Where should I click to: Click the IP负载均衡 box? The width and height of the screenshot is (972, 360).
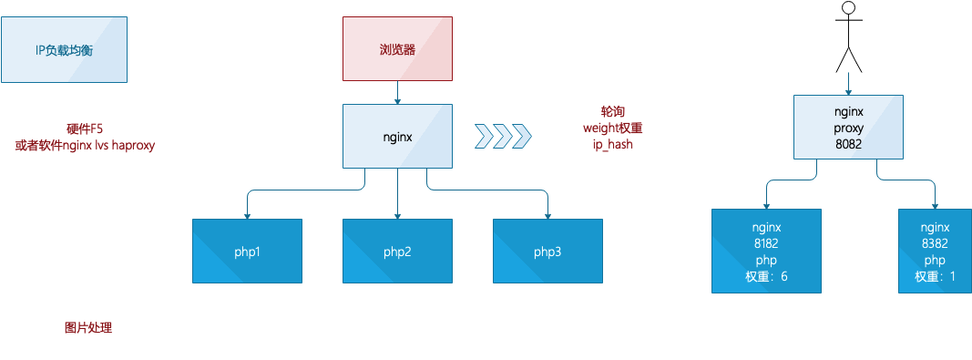pyautogui.click(x=64, y=49)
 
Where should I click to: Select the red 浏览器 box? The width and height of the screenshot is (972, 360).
pyautogui.click(x=397, y=49)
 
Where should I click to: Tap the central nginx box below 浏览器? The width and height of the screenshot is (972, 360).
pyautogui.click(x=397, y=136)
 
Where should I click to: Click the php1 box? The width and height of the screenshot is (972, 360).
pyautogui.click(x=248, y=252)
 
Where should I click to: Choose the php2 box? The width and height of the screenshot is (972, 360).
pyautogui.click(x=397, y=252)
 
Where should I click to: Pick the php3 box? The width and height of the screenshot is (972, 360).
pyautogui.click(x=548, y=252)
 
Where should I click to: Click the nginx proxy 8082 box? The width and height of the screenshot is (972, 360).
pyautogui.click(x=849, y=128)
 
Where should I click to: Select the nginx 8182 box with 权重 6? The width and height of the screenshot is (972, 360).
pyautogui.click(x=766, y=251)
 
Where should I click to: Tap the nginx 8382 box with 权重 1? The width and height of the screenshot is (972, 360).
pyautogui.click(x=936, y=251)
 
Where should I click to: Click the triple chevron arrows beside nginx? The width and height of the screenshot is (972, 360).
pyautogui.click(x=504, y=136)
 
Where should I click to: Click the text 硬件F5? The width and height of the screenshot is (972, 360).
pyautogui.click(x=85, y=129)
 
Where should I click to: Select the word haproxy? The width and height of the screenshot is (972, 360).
pyautogui.click(x=133, y=146)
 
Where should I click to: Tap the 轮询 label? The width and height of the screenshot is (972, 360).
pyautogui.click(x=612, y=112)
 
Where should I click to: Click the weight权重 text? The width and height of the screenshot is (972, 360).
pyautogui.click(x=612, y=128)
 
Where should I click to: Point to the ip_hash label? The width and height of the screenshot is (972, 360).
pyautogui.click(x=612, y=145)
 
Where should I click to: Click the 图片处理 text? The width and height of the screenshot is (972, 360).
pyautogui.click(x=88, y=328)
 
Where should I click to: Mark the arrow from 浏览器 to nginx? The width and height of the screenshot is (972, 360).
pyautogui.click(x=397, y=92)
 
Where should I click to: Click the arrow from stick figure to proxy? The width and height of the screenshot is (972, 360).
pyautogui.click(x=849, y=84)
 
